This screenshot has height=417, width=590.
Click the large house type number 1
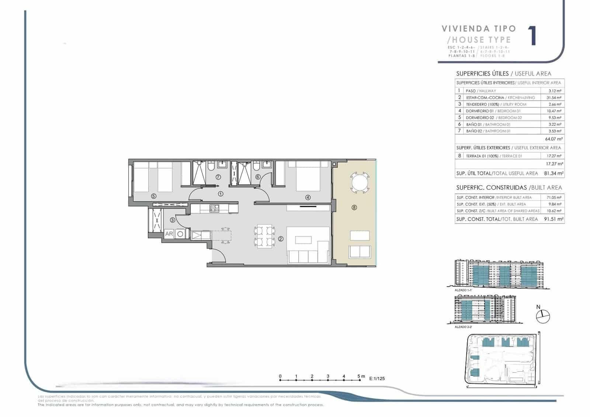pyautogui.click(x=532, y=36)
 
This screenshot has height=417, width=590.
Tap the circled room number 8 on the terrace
pyautogui.click(x=354, y=208)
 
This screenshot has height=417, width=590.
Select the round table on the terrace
pyautogui.click(x=360, y=182)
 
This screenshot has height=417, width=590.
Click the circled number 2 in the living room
pyautogui.click(x=281, y=239)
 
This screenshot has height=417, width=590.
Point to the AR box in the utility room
pyautogui.click(x=169, y=234)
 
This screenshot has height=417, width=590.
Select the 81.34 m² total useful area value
pyautogui.click(x=553, y=173)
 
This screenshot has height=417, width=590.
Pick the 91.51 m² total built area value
pyautogui.click(x=553, y=219)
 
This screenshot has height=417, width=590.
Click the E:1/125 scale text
pyautogui.click(x=376, y=378)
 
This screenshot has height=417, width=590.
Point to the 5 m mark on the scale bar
pyautogui.click(x=359, y=377)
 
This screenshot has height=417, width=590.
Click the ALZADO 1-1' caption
pyautogui.click(x=463, y=290)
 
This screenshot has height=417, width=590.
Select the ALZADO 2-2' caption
pyautogui.click(x=463, y=327)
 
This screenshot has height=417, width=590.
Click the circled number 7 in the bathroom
pyautogui.click(x=218, y=177)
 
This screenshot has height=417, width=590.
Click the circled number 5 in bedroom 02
pyautogui.click(x=154, y=197)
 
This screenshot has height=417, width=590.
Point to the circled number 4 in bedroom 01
pyautogui.click(x=308, y=197)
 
